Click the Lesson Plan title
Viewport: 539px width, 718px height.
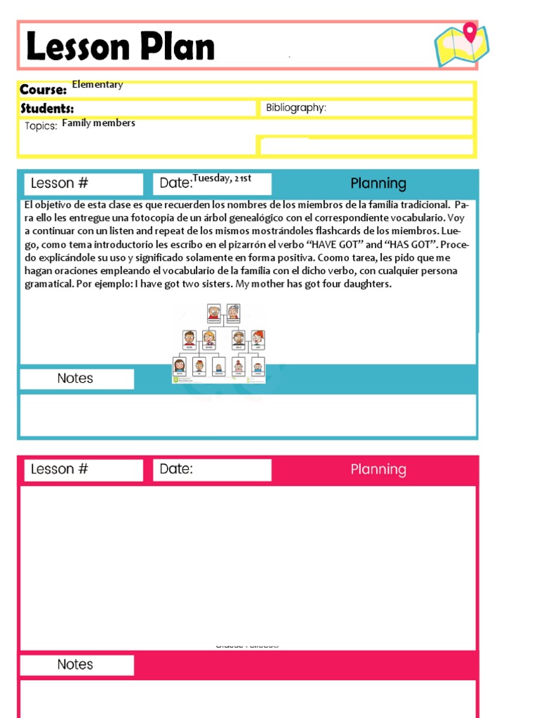pyautogui.click(x=120, y=47)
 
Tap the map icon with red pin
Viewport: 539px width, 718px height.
pyautogui.click(x=462, y=44)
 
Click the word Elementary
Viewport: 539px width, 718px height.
pyautogui.click(x=98, y=85)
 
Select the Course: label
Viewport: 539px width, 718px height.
pyautogui.click(x=43, y=90)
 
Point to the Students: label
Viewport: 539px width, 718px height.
pyautogui.click(x=47, y=109)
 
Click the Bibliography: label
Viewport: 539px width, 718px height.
pyautogui.click(x=296, y=108)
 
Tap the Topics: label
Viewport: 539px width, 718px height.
pyautogui.click(x=41, y=126)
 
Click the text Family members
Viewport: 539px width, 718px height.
pyautogui.click(x=98, y=123)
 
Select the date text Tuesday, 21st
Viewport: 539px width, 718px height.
pyautogui.click(x=222, y=178)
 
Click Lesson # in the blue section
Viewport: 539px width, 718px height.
pyautogui.click(x=60, y=184)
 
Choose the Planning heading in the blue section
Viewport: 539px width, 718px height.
pyautogui.click(x=378, y=184)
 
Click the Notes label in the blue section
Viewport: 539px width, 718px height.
pyautogui.click(x=75, y=379)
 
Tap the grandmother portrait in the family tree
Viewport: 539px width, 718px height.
pyautogui.click(x=233, y=312)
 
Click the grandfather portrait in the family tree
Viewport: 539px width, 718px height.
pyautogui.click(x=213, y=312)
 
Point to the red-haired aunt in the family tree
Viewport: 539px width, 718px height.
pyautogui.click(x=258, y=339)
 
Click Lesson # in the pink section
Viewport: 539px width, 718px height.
pyautogui.click(x=60, y=470)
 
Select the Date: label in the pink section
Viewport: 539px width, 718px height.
pyautogui.click(x=176, y=469)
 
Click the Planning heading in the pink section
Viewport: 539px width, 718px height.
pyautogui.click(x=378, y=470)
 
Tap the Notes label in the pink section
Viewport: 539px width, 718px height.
pyautogui.click(x=75, y=665)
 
